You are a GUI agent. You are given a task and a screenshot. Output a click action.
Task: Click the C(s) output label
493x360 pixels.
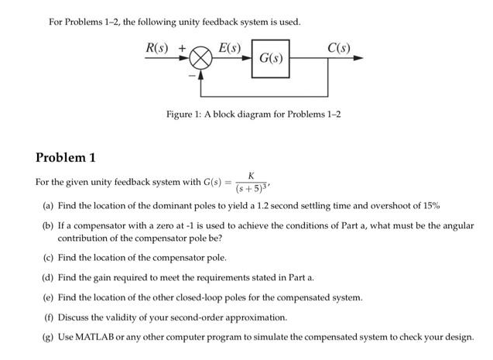(x=338, y=45)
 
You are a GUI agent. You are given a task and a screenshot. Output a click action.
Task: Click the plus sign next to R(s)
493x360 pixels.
(x=183, y=46)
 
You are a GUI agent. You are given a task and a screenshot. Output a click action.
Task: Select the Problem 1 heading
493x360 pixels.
(x=66, y=158)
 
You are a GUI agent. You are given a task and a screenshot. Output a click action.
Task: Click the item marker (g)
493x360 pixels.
(x=49, y=338)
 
